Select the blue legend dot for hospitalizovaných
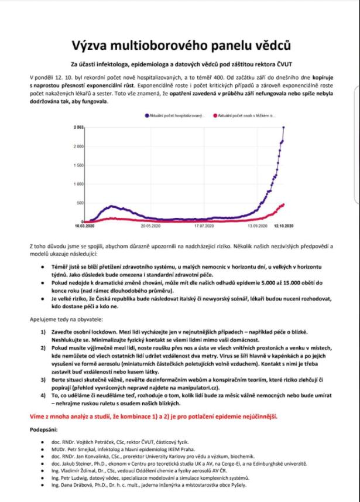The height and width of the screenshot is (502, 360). click(147, 117)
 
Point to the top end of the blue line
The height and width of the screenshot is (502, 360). click(284, 127)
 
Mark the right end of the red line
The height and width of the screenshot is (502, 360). click(284, 204)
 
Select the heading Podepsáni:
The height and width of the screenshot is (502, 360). click(44, 430)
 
